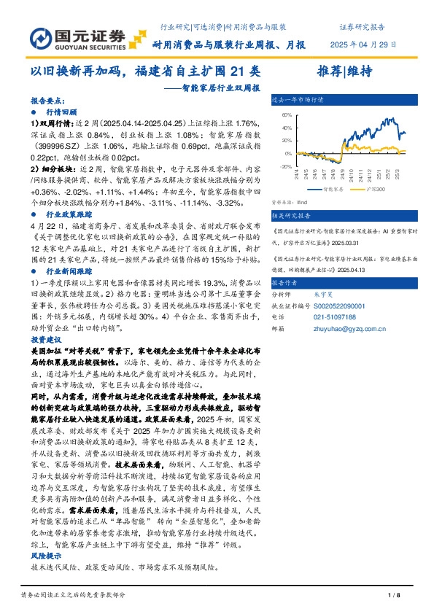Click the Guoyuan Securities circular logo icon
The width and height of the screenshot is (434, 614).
(43, 38)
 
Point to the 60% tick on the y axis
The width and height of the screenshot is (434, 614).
(287, 115)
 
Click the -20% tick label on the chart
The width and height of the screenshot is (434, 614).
(286, 167)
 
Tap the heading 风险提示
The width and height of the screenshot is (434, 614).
(44, 555)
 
